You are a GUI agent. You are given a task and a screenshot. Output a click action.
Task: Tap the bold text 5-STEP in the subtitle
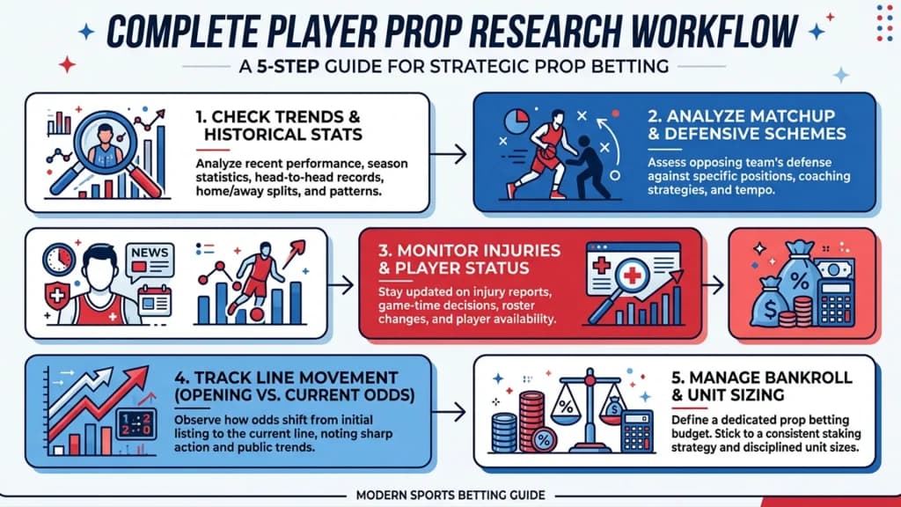(x=288, y=67)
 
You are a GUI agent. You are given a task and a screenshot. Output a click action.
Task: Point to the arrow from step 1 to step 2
(x=448, y=154)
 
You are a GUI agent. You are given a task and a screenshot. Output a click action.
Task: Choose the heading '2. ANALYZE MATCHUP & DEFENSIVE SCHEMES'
(x=746, y=125)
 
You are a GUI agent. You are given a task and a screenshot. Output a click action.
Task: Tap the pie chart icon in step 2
(x=516, y=121)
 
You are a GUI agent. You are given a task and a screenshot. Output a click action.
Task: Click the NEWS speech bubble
(x=150, y=261)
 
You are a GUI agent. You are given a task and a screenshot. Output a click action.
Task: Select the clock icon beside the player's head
(x=59, y=259)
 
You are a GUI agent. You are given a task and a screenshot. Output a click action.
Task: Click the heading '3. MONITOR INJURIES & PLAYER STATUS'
(x=469, y=260)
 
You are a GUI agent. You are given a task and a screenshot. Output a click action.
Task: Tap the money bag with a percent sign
(x=801, y=275)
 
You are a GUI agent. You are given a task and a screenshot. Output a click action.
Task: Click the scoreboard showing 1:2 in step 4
(x=136, y=425)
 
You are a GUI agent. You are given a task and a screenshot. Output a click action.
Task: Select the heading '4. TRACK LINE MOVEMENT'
(x=286, y=378)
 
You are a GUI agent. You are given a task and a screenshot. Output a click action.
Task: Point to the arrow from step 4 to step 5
(x=448, y=412)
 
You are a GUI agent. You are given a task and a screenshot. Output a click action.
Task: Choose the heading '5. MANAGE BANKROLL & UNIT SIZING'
(x=761, y=386)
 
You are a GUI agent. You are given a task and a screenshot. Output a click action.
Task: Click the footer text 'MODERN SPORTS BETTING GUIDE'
(x=450, y=495)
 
